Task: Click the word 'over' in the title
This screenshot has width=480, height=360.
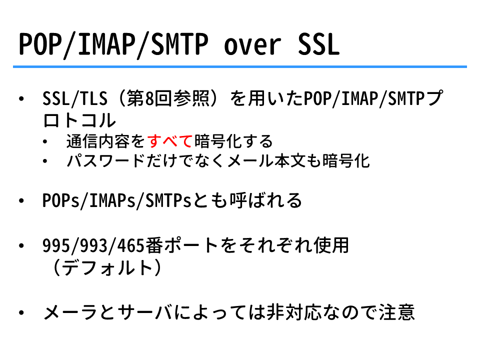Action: [x=252, y=45]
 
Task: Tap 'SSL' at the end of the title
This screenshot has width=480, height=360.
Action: [x=318, y=44]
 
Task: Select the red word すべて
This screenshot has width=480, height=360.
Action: [x=170, y=141]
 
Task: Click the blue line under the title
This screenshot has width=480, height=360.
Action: [x=239, y=66]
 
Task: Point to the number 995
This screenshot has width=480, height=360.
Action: [x=56, y=246]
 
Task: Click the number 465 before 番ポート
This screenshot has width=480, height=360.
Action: [x=130, y=246]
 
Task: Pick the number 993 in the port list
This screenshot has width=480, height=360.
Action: [x=93, y=246]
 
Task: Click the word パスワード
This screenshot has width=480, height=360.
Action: [x=106, y=160]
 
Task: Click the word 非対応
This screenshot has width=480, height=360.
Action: [x=294, y=312]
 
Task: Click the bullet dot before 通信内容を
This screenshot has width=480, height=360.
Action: [x=45, y=141]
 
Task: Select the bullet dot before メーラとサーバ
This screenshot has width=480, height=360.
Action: [x=21, y=312]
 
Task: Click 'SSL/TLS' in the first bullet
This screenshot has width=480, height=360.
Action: [x=75, y=99]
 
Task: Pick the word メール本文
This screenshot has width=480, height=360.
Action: [x=266, y=160]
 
